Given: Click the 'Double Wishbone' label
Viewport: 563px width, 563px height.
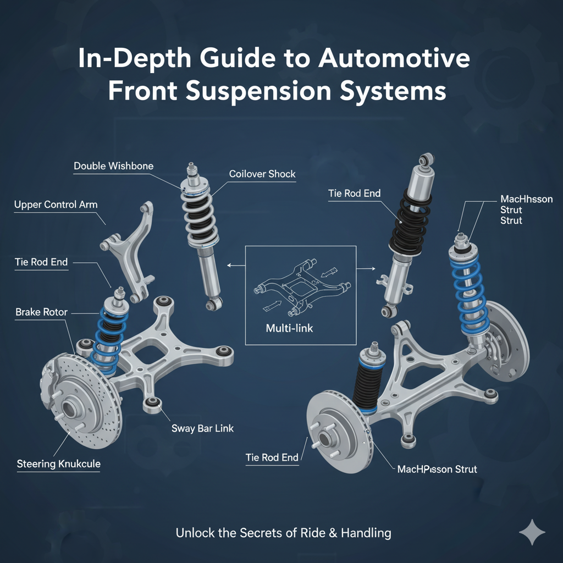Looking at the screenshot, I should coord(113,165).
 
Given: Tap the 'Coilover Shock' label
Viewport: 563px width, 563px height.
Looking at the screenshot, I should coord(262,174).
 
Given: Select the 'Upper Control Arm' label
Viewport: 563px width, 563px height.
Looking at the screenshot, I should coord(56,205).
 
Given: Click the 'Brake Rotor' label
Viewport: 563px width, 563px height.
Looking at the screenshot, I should coord(41,312).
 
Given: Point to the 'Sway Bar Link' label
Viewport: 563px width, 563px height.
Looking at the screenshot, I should coord(202,428).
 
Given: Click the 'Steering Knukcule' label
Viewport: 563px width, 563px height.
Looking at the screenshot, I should coord(59,464).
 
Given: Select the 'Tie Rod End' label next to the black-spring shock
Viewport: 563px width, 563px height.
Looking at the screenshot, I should coord(354,194).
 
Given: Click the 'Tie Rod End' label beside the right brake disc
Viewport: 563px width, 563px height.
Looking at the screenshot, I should coord(272,457).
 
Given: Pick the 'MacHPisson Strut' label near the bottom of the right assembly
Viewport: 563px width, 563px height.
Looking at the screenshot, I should coord(437,470).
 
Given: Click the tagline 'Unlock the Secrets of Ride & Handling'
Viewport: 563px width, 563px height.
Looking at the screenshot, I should coord(283,533).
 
